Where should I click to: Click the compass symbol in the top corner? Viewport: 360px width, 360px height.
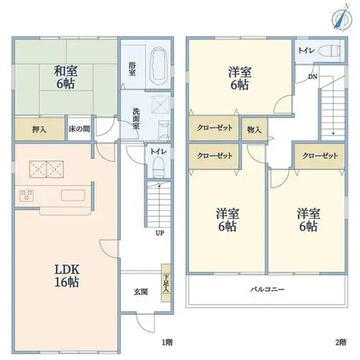pos(343,17)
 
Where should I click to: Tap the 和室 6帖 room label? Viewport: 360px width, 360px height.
pos(66,77)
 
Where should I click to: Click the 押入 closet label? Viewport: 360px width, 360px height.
pos(39,130)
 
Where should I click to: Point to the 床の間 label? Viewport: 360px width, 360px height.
pos(79,129)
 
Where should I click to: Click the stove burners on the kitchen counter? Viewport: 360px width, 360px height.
pos(27,195)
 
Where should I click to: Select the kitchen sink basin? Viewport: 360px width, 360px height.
pos(73,195)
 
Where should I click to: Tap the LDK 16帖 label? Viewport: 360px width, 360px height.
pos(67,276)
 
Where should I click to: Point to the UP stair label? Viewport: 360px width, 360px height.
pos(160,233)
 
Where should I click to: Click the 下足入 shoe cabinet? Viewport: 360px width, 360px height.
pos(166,283)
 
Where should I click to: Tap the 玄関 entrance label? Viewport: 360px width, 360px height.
pos(140,292)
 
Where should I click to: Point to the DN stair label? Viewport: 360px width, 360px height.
pos(312,77)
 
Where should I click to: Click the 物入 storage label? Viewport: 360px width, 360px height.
pos(254,130)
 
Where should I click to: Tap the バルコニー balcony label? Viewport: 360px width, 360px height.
pos(267,289)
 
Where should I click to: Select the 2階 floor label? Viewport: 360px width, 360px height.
pos(341,342)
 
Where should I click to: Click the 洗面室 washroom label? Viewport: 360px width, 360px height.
pos(136,119)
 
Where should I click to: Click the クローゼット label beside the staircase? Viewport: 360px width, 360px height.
pos(320,156)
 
